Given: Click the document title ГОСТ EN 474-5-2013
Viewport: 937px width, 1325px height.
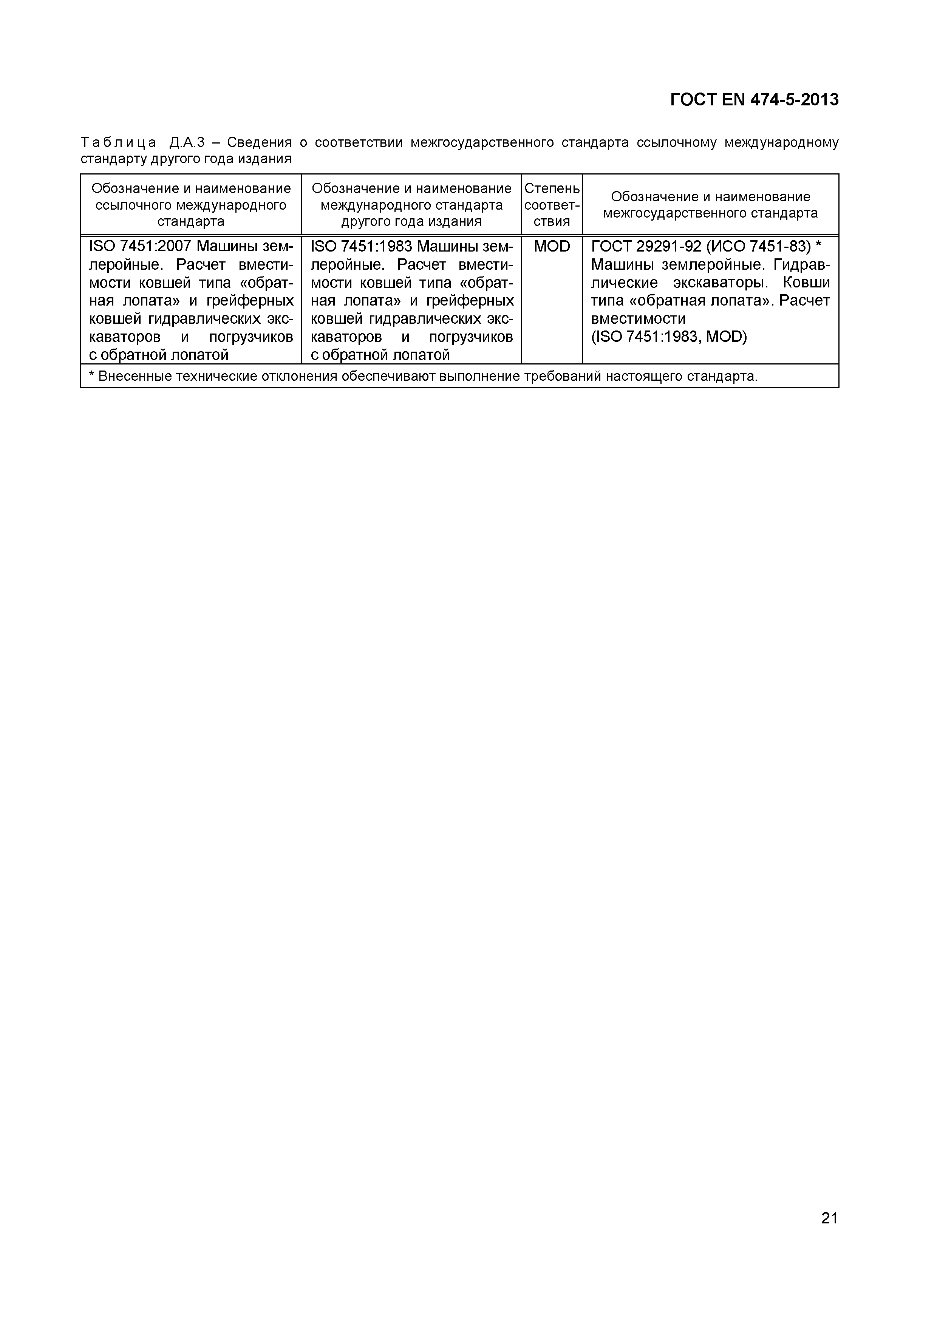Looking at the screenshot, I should pyautogui.click(x=754, y=100).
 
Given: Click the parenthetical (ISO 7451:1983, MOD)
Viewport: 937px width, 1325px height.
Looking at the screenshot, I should pyautogui.click(x=668, y=337).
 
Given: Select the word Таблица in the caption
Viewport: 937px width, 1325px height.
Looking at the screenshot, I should pyautogui.click(x=118, y=142).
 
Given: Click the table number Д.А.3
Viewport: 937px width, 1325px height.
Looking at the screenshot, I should pyautogui.click(x=188, y=142).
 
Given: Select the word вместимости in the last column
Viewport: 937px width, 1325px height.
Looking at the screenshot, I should pyautogui.click(x=638, y=318).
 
